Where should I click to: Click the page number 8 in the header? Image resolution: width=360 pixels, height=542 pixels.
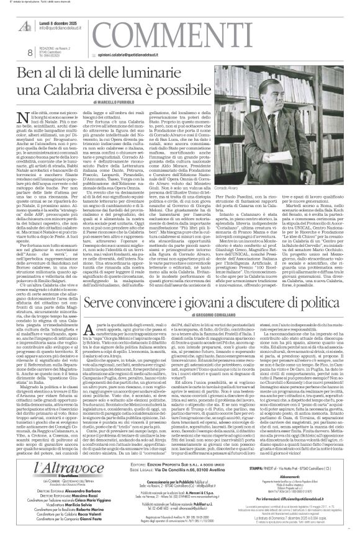tap(12, 56)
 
